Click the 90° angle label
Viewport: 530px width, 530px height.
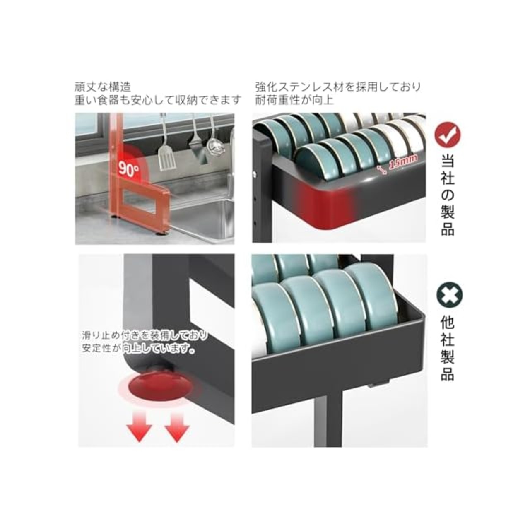[x=129, y=169]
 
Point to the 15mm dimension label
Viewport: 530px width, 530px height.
[x=404, y=163]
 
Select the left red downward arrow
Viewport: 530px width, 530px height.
[x=139, y=429]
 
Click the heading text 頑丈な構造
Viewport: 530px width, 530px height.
[x=103, y=87]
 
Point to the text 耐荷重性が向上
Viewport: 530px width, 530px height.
[x=294, y=99]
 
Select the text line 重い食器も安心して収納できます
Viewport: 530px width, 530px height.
[x=158, y=100]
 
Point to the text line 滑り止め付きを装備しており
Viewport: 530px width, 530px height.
[x=145, y=335]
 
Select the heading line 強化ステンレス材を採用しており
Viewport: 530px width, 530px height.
[x=338, y=87]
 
